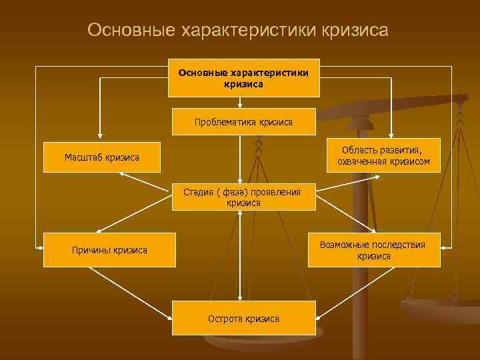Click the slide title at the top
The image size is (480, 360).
(237, 31)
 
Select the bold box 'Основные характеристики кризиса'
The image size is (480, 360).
(243, 78)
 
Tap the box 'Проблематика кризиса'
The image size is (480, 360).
(243, 122)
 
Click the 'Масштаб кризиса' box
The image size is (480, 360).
(101, 157)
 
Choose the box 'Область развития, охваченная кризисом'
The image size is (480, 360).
(383, 156)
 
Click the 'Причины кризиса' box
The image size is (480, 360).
(109, 250)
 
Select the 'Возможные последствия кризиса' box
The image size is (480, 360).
(373, 250)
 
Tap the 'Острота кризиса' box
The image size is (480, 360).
(243, 318)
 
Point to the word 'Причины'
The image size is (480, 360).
(91, 250)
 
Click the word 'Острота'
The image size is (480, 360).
(225, 318)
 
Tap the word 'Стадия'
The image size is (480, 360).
(197, 193)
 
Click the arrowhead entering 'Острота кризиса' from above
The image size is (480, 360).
(240, 297)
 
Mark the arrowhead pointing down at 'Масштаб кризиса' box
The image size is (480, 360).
(100, 137)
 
